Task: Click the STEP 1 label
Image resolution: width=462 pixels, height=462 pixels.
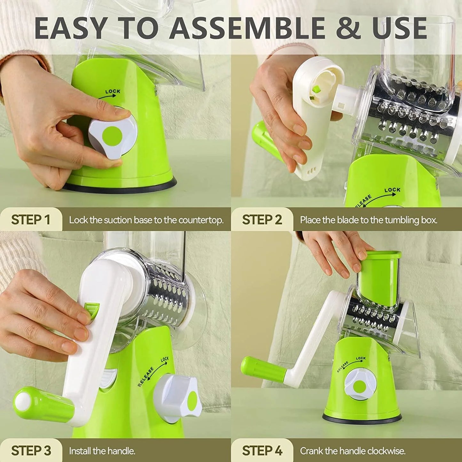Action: point(31,219)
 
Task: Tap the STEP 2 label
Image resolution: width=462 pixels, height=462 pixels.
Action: point(262,219)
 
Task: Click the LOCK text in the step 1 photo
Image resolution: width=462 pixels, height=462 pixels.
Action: point(113,91)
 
